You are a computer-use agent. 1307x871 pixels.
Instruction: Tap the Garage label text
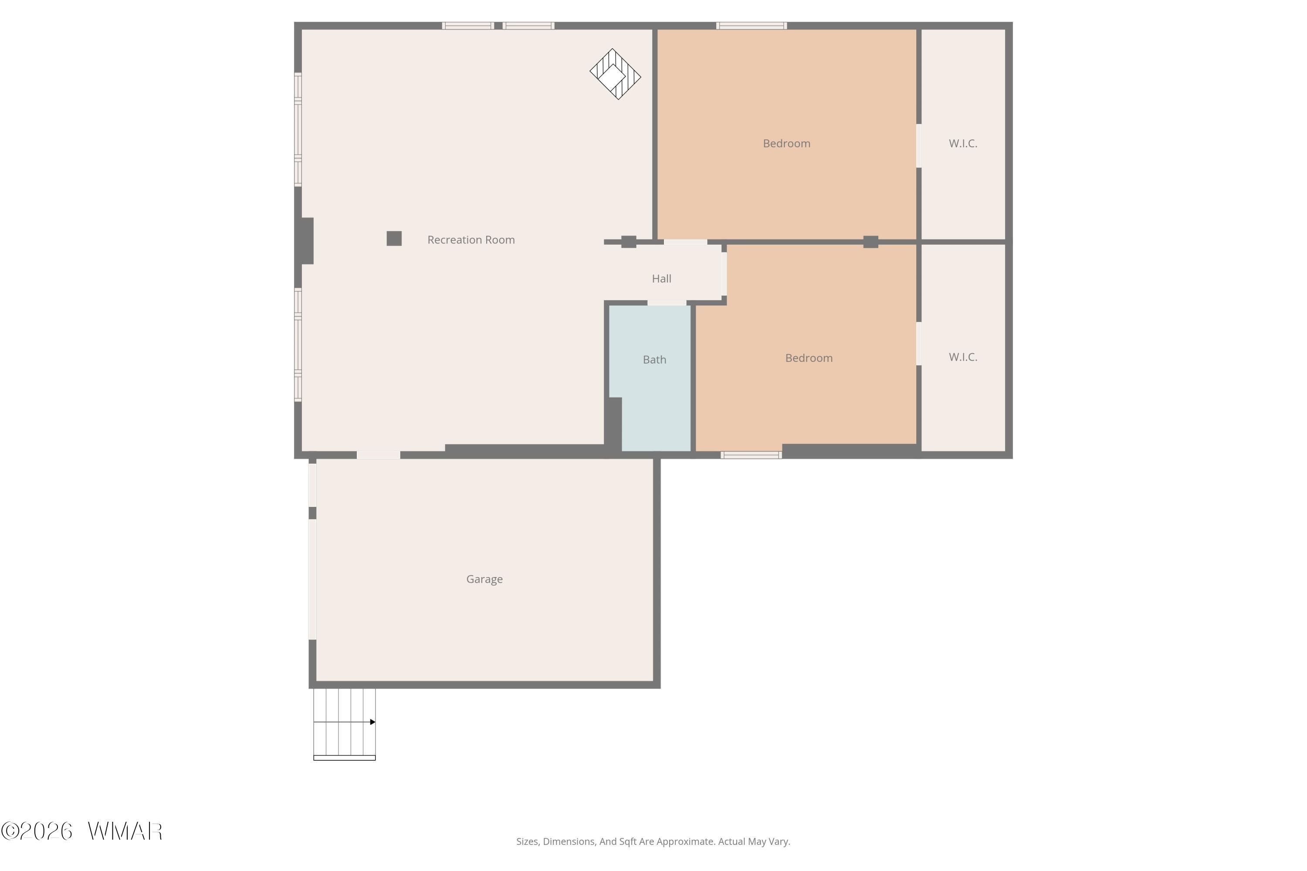(484, 579)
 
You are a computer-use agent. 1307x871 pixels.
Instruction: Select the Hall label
(661, 279)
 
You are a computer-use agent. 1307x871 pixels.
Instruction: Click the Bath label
(655, 360)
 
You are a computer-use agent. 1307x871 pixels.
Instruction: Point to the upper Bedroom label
(786, 143)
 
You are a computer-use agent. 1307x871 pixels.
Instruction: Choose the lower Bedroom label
(809, 358)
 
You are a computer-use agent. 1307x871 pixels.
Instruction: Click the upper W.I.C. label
(963, 143)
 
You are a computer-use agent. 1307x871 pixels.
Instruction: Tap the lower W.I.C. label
(963, 357)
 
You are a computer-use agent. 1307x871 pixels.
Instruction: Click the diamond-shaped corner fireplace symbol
(615, 74)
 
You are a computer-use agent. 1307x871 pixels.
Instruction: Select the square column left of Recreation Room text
(394, 238)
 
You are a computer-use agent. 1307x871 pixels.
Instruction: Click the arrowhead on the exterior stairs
(373, 722)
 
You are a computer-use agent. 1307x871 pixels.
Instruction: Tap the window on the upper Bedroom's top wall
(751, 26)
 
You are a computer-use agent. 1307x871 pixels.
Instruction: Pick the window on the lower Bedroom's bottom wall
(751, 455)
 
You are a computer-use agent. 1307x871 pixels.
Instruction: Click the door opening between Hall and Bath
(667, 303)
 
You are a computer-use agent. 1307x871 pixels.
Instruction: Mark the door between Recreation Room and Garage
(379, 455)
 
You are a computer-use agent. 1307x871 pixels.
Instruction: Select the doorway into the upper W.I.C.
(918, 145)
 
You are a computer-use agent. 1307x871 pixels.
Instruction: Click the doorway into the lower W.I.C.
(918, 344)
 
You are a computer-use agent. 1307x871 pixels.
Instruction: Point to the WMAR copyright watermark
(82, 831)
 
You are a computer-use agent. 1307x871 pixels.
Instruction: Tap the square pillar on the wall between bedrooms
(871, 242)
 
